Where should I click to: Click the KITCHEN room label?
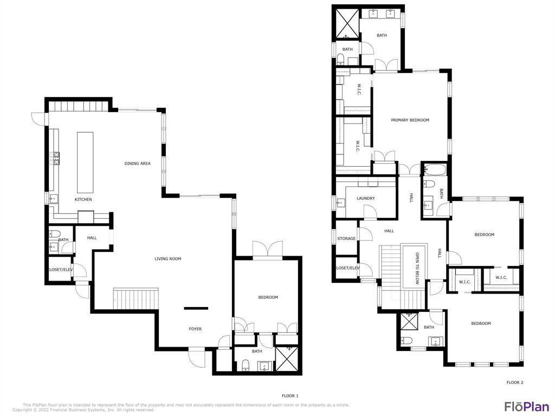pos(83,199)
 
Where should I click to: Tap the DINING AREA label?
pos(137,163)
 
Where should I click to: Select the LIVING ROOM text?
pos(167,259)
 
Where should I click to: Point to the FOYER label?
pos(195,329)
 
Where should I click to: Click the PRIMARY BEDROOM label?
pos(410,120)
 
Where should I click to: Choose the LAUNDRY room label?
pos(365,198)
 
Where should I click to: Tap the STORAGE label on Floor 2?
pos(346,238)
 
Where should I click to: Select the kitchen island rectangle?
pos(85,162)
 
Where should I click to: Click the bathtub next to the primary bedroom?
pos(434,171)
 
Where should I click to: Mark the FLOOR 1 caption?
pos(290,396)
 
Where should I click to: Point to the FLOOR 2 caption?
pos(514,382)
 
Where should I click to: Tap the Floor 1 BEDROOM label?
pos(268,297)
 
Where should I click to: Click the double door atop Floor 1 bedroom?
pos(267,249)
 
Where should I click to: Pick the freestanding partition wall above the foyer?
pos(196,308)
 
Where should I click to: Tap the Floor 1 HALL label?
pos(92,238)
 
